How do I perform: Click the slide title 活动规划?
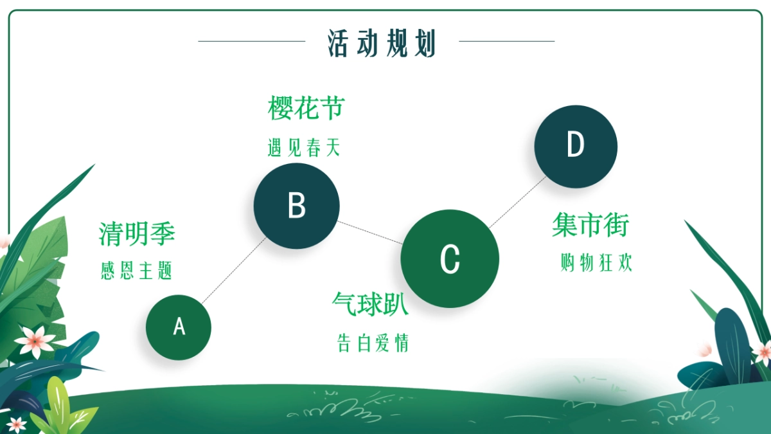(382, 43)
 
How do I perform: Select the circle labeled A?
(179, 327)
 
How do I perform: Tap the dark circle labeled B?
(297, 206)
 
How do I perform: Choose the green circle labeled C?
(450, 258)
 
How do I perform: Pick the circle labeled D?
(576, 147)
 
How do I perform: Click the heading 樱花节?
(306, 108)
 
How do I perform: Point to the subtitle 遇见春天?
(304, 148)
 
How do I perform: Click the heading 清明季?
(137, 234)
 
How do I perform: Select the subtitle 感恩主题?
(136, 271)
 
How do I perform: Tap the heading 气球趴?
(370, 304)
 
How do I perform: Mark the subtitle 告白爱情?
(373, 343)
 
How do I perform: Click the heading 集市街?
(590, 225)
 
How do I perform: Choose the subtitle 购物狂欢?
(596, 262)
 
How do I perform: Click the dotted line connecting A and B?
(234, 271)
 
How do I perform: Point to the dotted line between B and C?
(370, 233)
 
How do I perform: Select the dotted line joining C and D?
(517, 203)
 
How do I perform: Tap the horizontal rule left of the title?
(252, 41)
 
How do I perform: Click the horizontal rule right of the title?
(507, 41)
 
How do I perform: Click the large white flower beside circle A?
(35, 341)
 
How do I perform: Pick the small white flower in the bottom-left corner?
(16, 424)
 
